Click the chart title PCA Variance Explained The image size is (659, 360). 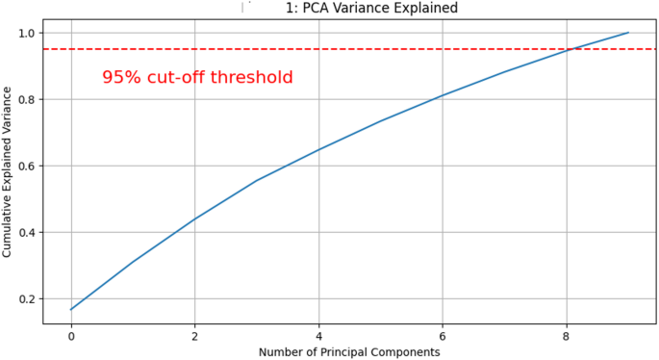click(371, 9)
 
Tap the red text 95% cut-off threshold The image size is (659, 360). click(197, 78)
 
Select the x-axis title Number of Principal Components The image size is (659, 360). click(349, 352)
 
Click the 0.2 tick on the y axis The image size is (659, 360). click(26, 298)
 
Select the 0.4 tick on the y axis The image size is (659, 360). click(26, 232)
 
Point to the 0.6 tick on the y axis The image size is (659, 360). click(26, 166)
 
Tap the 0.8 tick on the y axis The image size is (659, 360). click(26, 99)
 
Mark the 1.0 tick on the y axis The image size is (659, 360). click(26, 33)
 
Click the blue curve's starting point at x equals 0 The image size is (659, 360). click(71, 309)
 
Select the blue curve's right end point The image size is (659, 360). click(628, 33)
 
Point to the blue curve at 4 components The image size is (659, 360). click(318, 149)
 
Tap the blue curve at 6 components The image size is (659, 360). click(443, 95)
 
